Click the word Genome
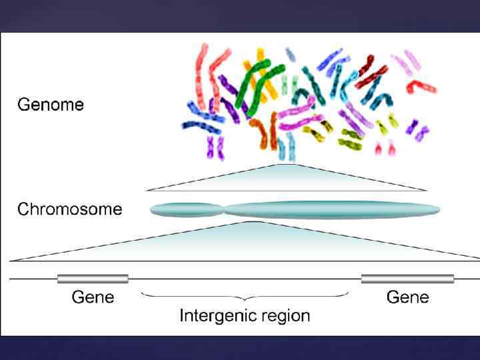[x=50, y=105]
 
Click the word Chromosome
[x=69, y=209]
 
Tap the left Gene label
[x=93, y=297]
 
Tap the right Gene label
[x=407, y=297]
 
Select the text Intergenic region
[x=245, y=315]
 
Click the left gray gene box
[x=93, y=279]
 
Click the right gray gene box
[x=407, y=279]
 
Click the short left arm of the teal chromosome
[x=185, y=210]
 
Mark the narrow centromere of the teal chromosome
[x=223, y=210]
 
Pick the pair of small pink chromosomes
[x=385, y=147]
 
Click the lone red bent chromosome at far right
[x=423, y=86]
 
